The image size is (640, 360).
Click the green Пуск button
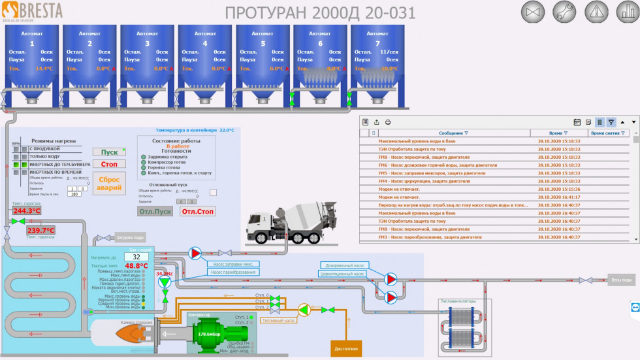[109, 152]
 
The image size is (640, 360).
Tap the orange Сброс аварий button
[109, 183]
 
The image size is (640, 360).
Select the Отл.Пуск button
[155, 211]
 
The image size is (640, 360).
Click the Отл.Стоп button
[197, 211]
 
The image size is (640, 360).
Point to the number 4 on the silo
[205, 43]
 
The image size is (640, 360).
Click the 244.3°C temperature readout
[27, 211]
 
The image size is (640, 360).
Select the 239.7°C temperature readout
[40, 231]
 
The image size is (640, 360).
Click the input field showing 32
[136, 257]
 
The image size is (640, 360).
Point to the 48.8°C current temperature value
[136, 266]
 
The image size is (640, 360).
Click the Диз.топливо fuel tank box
[346, 349]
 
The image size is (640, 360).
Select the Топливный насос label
[279, 321]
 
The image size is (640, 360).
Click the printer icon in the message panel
[388, 122]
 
